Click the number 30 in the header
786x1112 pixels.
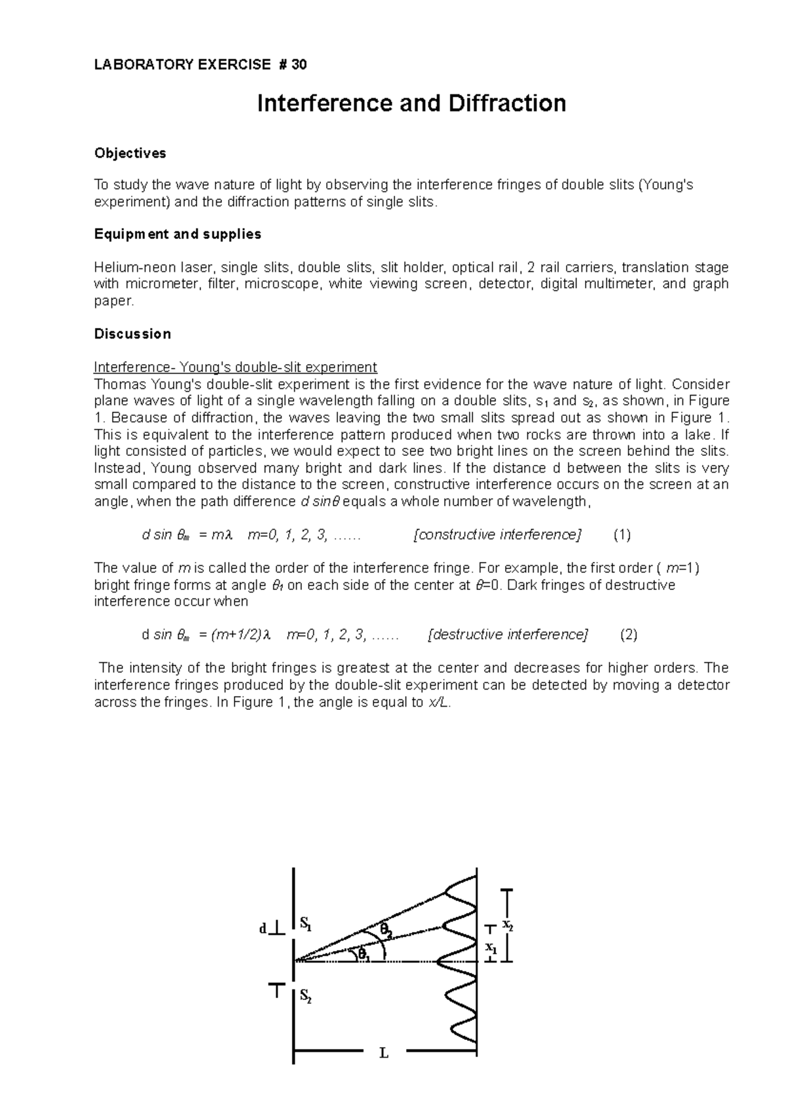tap(299, 64)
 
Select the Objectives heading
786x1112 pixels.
tap(130, 153)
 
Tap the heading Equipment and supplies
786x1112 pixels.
tap(178, 234)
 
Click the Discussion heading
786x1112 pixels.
tap(132, 334)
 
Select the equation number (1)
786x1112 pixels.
tap(622, 535)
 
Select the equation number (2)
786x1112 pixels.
tap(628, 635)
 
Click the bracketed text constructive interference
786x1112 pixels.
tap(498, 535)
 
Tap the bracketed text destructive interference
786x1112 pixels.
tap(508, 635)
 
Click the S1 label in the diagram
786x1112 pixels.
tap(306, 924)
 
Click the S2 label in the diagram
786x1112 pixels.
tap(306, 996)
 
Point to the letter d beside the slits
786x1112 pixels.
tap(263, 929)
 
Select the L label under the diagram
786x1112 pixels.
tap(384, 1054)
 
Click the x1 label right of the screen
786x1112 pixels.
tap(490, 947)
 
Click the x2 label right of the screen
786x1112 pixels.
tap(508, 925)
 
